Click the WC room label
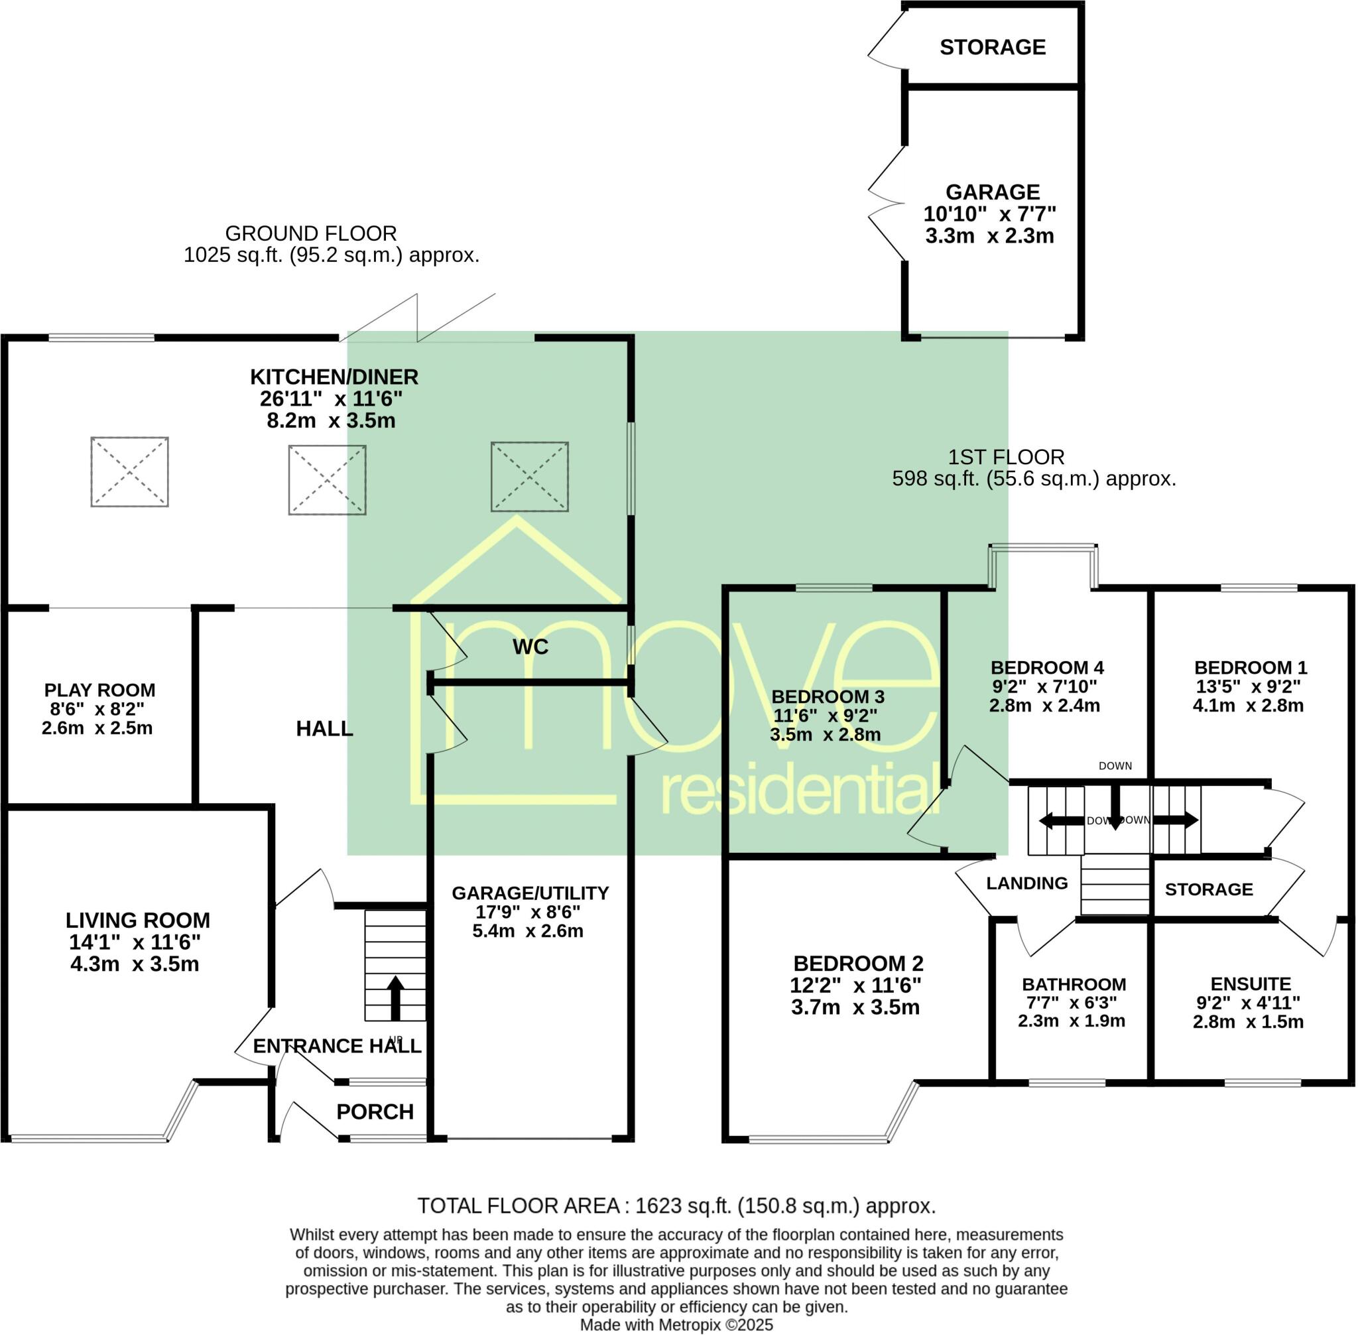point(530,647)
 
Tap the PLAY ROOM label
point(99,690)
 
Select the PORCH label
point(375,1112)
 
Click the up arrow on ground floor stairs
point(395,999)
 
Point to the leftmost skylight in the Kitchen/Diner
point(130,472)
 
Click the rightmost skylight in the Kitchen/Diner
point(529,477)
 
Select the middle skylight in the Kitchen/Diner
point(328,480)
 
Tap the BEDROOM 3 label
point(828,697)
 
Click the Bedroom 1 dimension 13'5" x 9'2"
point(1248,686)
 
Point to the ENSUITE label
point(1250,984)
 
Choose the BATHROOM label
point(1074,984)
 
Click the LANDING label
point(1027,883)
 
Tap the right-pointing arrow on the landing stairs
point(1176,820)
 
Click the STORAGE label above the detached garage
point(993,47)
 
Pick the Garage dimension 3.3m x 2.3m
point(989,235)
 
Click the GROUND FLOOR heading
point(311,233)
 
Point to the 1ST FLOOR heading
point(1006,457)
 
